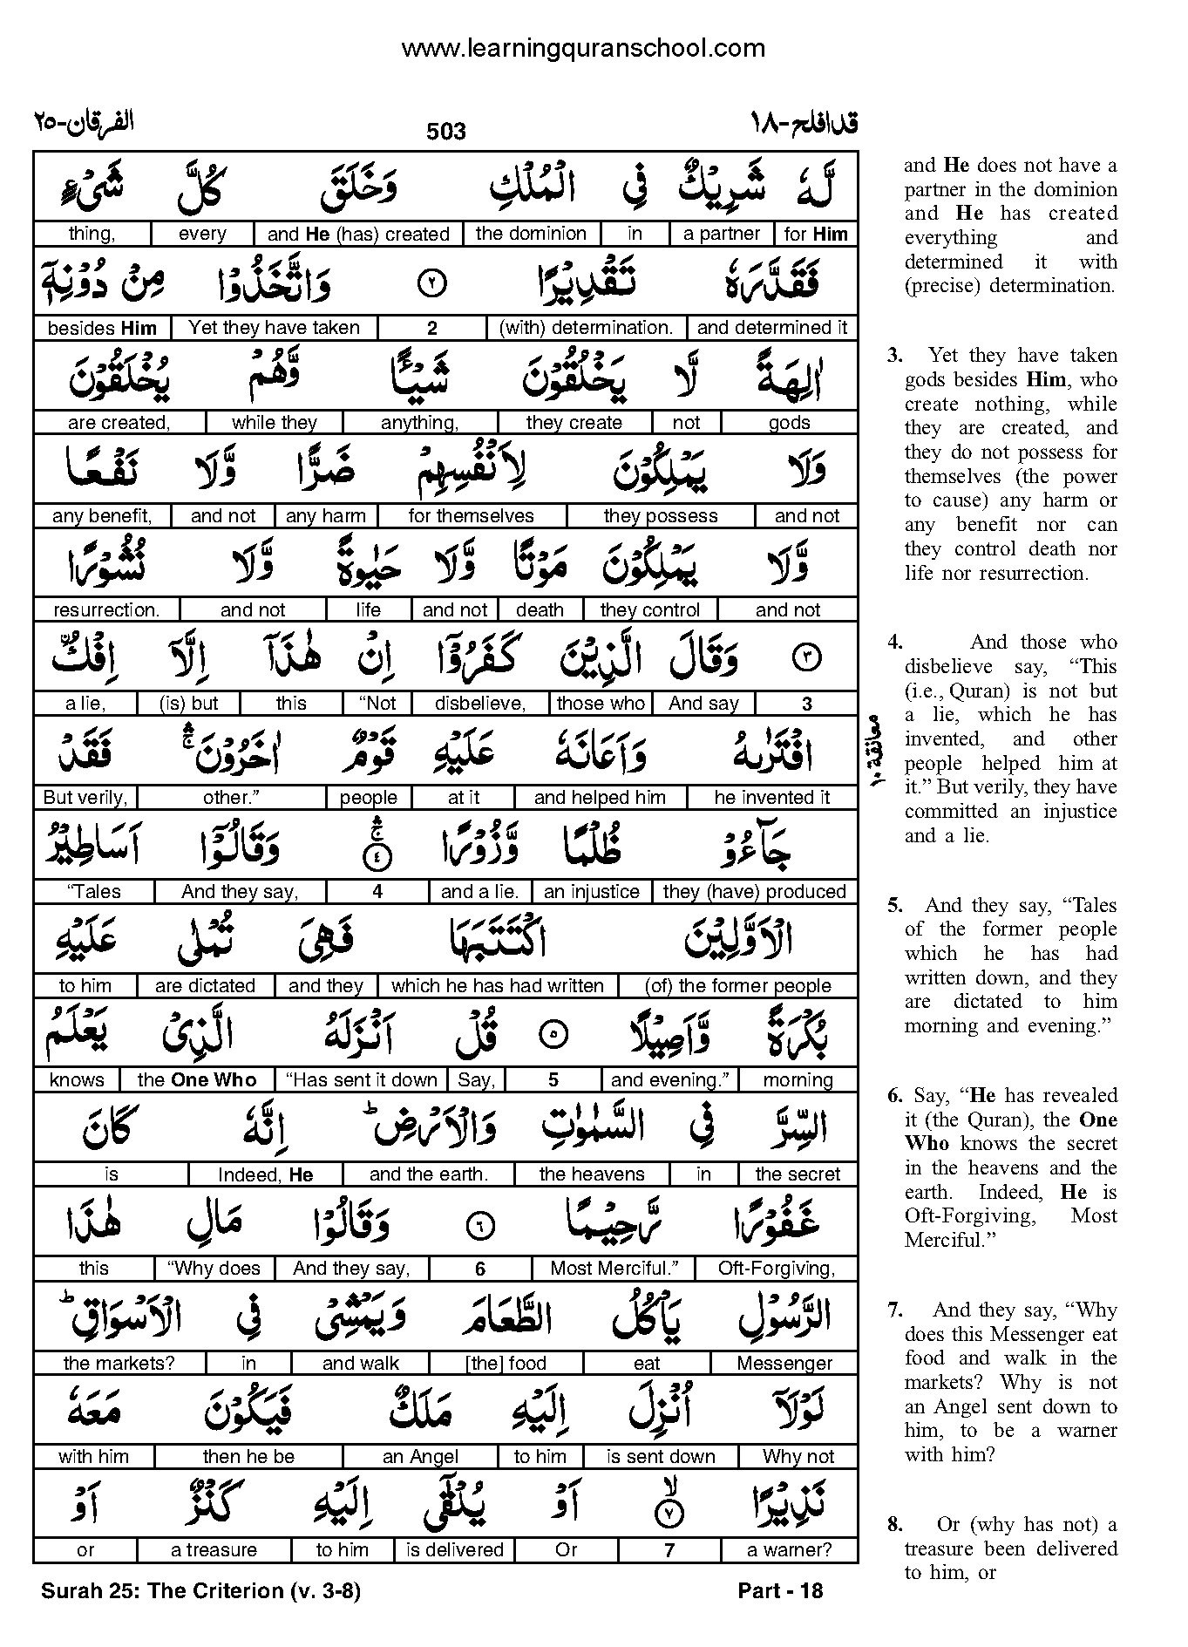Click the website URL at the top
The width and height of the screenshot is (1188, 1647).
click(583, 49)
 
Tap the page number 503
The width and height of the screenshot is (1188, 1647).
click(446, 132)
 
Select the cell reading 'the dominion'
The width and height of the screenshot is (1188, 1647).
click(531, 234)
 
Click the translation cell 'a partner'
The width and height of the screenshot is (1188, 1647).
click(722, 234)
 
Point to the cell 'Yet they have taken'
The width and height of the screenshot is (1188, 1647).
click(274, 328)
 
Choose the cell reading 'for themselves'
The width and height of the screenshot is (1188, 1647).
click(471, 516)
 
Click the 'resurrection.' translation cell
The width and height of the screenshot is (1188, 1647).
click(106, 610)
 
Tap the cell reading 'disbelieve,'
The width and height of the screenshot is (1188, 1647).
click(480, 704)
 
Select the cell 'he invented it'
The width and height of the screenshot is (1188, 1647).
click(772, 798)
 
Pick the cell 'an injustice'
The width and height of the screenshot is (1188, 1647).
click(592, 892)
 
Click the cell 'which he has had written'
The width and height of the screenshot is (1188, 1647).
click(498, 986)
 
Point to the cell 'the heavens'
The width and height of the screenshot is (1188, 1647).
click(592, 1174)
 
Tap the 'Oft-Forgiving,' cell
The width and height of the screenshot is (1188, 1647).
click(777, 1269)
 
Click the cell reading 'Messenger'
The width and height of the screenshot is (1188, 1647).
click(784, 1363)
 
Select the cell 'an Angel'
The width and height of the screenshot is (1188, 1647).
click(420, 1457)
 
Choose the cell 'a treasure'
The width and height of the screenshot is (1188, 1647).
click(214, 1550)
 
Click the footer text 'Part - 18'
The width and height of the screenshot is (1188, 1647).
click(780, 1591)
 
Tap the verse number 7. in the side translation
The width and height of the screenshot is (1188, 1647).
click(893, 1310)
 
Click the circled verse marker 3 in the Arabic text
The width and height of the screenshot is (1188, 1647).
click(805, 659)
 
